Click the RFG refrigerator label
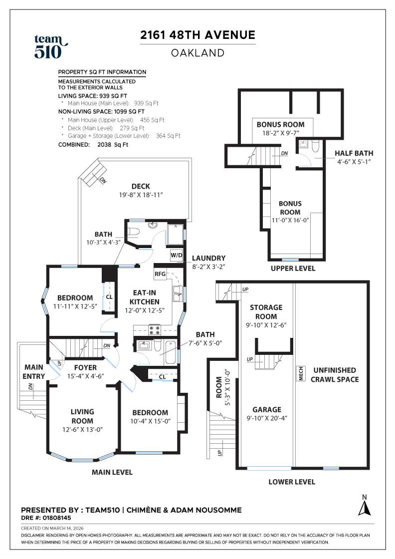160,274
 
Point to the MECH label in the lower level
301,374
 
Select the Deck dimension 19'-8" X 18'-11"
141,196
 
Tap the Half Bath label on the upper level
354,153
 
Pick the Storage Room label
266,312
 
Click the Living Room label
82,416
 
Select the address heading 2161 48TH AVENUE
197,35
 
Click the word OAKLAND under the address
197,53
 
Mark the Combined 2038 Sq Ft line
93,145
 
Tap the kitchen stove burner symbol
154,329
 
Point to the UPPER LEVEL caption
293,269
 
